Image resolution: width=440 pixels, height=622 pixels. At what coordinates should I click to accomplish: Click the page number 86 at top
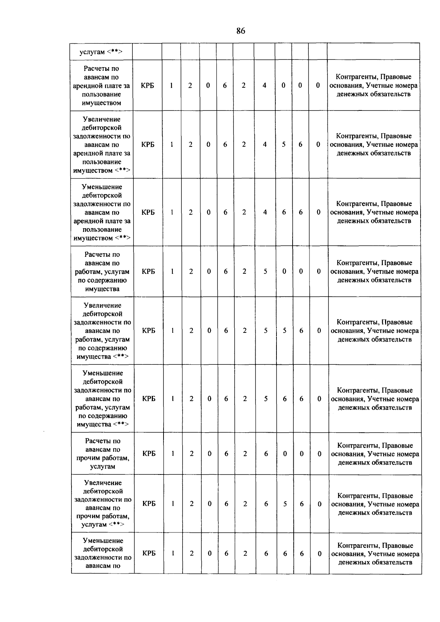click(x=241, y=31)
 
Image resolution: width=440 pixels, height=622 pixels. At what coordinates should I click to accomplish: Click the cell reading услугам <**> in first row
click(x=101, y=52)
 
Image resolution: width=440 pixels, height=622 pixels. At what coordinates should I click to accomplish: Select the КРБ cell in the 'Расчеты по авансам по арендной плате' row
click(x=147, y=86)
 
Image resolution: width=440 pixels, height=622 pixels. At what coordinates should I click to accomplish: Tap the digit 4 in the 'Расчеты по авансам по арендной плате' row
click(x=264, y=86)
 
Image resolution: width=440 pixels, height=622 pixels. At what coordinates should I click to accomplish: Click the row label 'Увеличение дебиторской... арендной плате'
click(x=102, y=145)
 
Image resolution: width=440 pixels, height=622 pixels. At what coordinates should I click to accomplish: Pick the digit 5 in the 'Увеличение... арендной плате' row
click(x=284, y=145)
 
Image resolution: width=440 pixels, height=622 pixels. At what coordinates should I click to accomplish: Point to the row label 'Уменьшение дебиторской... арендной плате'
click(x=102, y=212)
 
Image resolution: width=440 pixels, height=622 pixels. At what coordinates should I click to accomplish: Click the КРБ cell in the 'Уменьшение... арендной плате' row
click(x=148, y=212)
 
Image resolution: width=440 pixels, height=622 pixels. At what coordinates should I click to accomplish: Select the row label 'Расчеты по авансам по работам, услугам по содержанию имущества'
click(x=102, y=272)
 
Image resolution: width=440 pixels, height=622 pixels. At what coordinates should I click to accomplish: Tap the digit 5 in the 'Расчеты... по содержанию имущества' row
click(x=265, y=272)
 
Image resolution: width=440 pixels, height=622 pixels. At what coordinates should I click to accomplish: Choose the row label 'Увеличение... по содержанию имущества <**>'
click(x=102, y=331)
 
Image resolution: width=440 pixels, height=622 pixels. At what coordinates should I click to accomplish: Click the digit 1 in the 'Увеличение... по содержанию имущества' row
click(x=172, y=331)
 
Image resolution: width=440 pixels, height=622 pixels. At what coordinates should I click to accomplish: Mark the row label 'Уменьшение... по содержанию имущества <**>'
click(x=103, y=399)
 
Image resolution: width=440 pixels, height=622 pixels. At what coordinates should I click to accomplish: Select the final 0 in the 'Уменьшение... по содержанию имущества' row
click(x=319, y=399)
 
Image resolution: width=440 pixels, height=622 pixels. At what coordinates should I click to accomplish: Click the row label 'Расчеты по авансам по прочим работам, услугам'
click(x=103, y=454)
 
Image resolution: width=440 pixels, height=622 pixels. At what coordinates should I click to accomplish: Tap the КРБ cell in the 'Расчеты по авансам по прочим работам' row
click(x=148, y=454)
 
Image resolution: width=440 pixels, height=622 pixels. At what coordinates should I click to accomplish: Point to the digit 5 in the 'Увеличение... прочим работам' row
click(x=285, y=504)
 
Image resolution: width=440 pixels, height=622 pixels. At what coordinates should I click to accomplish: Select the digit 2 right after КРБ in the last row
click(x=191, y=554)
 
